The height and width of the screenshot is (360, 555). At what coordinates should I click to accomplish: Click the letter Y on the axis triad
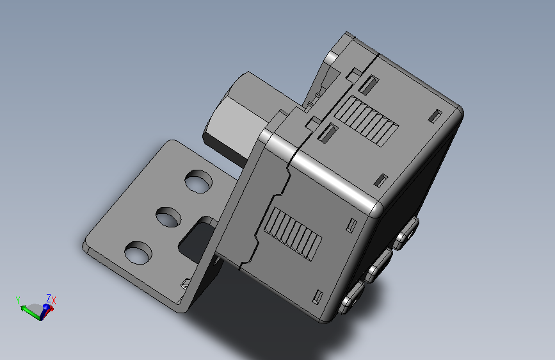[x=18, y=300]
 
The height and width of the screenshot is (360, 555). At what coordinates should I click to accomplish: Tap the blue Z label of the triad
[x=49, y=298]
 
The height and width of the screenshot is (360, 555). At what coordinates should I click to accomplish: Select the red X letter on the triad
[x=54, y=301]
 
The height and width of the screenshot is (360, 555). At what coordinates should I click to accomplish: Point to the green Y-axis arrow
[x=31, y=312]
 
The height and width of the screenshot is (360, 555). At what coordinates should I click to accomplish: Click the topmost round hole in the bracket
[x=198, y=181]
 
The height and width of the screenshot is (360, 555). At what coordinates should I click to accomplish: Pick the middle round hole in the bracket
[x=168, y=217]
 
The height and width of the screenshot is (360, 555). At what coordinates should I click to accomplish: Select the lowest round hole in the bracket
[x=138, y=252]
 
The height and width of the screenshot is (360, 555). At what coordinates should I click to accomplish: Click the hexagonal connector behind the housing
[x=236, y=117]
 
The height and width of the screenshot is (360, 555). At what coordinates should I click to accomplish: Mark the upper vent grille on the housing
[x=366, y=121]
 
